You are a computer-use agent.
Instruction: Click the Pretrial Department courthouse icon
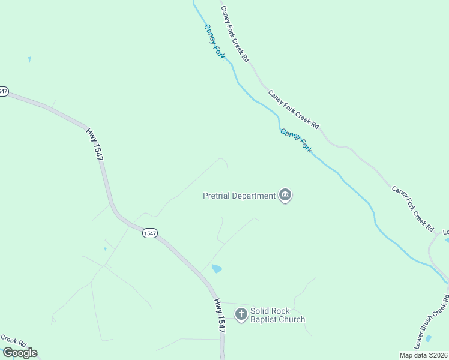point(285,195)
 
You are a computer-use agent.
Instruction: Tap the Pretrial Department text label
point(239,195)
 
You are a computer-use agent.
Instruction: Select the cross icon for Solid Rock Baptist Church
point(241,314)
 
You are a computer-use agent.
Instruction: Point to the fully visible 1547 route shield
point(150,233)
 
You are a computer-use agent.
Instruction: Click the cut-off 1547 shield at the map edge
point(3,91)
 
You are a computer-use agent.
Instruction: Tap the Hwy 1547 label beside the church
point(220,316)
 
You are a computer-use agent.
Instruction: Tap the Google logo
point(20,353)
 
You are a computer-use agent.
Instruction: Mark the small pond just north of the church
point(217,269)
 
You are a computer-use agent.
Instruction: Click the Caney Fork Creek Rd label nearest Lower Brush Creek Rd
point(413,208)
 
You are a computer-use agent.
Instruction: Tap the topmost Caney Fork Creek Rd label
point(235,34)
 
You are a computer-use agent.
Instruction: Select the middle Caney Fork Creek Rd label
point(294,109)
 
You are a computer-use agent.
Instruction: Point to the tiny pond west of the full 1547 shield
point(105,248)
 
